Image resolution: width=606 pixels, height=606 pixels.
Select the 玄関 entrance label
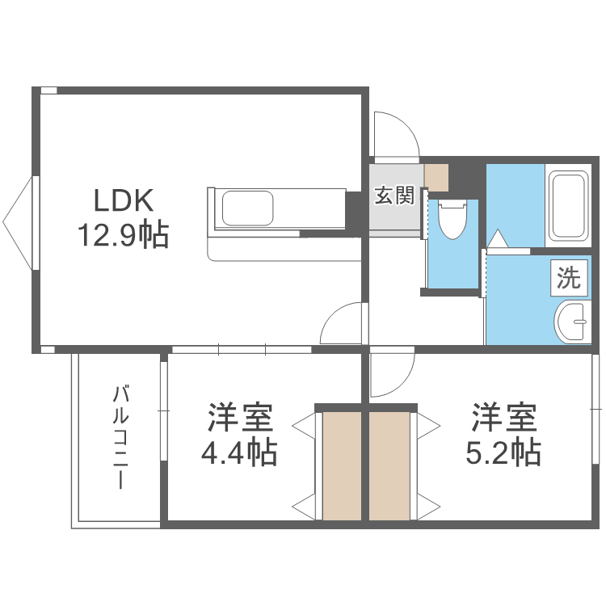click(x=394, y=196)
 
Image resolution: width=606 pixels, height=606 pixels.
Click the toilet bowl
click(x=452, y=218)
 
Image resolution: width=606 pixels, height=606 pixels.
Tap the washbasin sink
click(x=573, y=323)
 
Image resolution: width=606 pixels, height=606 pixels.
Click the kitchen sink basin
click(x=247, y=208)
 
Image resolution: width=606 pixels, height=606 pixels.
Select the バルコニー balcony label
click(x=121, y=439)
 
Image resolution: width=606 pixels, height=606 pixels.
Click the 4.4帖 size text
click(x=239, y=453)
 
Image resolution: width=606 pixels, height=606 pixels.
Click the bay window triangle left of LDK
click(x=20, y=222)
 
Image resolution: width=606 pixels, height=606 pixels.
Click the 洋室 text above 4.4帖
click(x=240, y=418)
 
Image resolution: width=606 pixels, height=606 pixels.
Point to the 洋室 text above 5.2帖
click(x=504, y=418)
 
